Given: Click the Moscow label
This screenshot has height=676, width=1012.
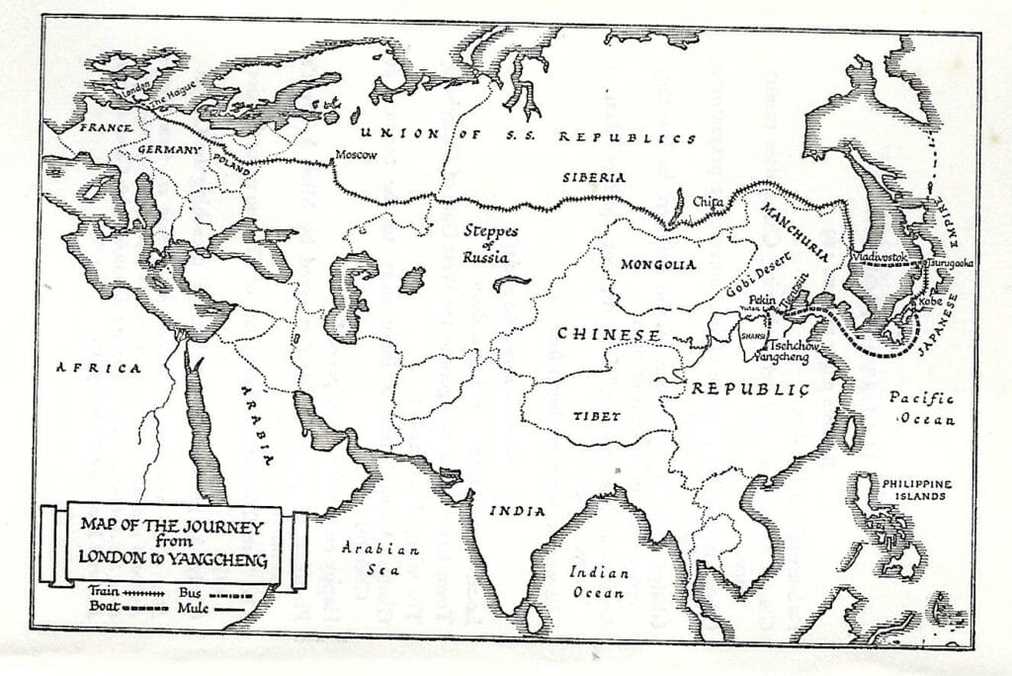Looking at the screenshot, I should tap(357, 155).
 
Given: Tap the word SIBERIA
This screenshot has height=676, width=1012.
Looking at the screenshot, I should tap(593, 178).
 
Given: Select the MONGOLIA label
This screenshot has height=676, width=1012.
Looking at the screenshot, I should tap(658, 265).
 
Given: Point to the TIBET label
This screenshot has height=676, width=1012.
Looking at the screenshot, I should tap(597, 416).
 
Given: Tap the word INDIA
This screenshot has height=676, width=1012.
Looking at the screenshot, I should tap(517, 511).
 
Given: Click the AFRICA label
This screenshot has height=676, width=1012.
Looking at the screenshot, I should tap(99, 368).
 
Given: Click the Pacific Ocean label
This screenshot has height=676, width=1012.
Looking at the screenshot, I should tap(921, 408).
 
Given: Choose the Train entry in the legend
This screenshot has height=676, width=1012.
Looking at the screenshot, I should tap(116, 589).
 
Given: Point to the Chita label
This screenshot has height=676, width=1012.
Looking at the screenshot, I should tap(708, 203).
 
